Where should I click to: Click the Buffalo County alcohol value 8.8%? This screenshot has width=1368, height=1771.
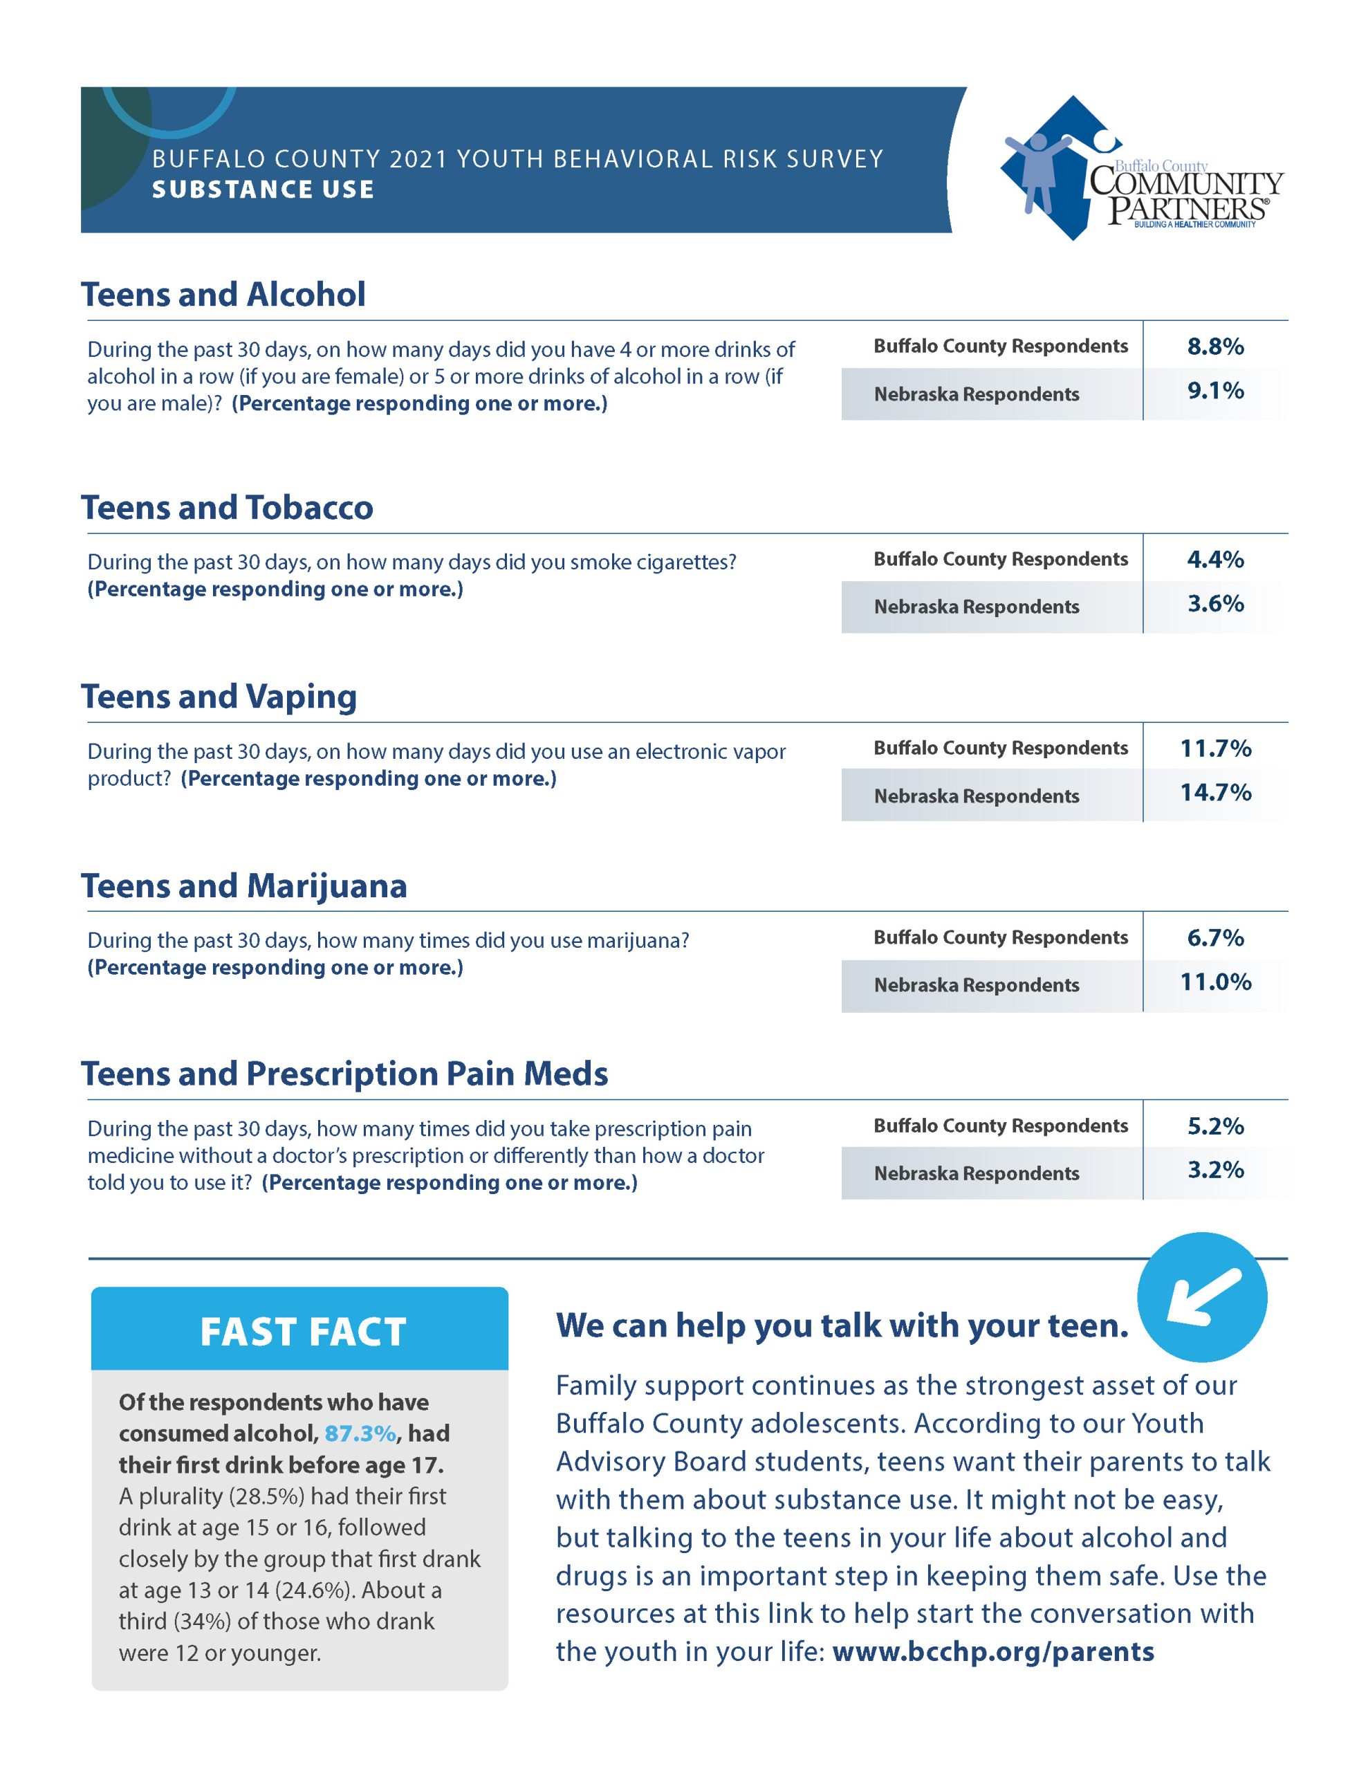click(1214, 347)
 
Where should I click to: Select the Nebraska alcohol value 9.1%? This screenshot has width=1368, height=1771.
click(1214, 391)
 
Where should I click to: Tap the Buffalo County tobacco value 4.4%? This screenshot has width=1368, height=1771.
click(1214, 560)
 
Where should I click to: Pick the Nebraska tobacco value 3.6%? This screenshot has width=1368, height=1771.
click(1214, 603)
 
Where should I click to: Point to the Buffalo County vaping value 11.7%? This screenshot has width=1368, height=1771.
click(1214, 749)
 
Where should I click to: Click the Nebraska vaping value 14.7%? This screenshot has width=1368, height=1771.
click(1214, 792)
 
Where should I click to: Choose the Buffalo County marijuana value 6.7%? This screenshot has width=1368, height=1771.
click(1214, 938)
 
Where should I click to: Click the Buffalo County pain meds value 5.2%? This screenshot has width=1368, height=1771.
click(1214, 1126)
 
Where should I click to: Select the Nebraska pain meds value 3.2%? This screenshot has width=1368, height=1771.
click(1214, 1170)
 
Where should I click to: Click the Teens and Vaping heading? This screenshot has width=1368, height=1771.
click(219, 697)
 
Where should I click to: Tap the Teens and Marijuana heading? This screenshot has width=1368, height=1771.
click(243, 886)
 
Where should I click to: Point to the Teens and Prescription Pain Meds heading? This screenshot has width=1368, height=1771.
click(344, 1074)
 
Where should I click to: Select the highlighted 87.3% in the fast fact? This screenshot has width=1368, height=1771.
click(360, 1433)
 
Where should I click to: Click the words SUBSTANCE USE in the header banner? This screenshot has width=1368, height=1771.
click(263, 190)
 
